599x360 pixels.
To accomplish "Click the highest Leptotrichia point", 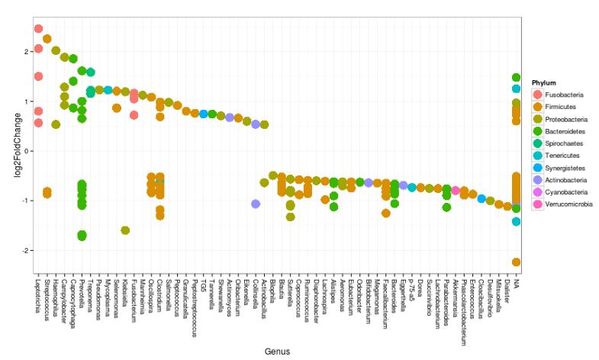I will click(x=38, y=29).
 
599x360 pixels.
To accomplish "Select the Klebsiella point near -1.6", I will click(x=125, y=230).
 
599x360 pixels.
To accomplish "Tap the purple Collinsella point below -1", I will click(x=256, y=204).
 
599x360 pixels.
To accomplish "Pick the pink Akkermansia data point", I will click(x=455, y=191).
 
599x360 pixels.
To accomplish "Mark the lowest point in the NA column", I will click(x=517, y=262).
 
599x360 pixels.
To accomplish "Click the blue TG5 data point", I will click(x=204, y=114).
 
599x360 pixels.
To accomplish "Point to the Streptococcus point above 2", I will click(x=47, y=39).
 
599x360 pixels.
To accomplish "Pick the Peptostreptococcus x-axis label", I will click(x=195, y=306).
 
